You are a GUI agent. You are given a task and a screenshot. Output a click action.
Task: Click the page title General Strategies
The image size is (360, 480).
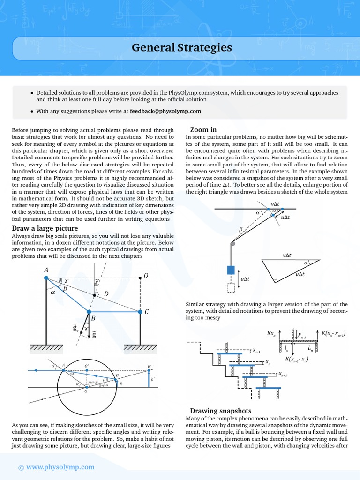point(181,47)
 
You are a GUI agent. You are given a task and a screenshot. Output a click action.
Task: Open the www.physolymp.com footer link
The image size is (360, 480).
point(60,467)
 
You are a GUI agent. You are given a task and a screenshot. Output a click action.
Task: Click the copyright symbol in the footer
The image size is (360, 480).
point(20,467)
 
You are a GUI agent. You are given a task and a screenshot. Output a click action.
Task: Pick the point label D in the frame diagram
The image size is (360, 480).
point(106,294)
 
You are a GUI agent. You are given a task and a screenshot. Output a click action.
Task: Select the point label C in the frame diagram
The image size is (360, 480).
point(147,312)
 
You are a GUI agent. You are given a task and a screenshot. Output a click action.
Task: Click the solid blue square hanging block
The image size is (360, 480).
point(231,270)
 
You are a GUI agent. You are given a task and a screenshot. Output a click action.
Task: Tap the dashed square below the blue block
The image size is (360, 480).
point(231,287)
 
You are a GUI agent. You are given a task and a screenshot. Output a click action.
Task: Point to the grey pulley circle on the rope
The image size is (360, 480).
point(232,243)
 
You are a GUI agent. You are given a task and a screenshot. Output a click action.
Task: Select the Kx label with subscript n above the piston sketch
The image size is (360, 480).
point(271,333)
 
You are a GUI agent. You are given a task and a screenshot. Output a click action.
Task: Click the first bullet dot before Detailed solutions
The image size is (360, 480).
point(32,93)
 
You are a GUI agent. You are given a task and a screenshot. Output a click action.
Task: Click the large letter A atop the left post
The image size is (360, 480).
point(46,270)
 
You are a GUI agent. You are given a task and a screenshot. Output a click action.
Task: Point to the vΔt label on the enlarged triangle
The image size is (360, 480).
point(287,255)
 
